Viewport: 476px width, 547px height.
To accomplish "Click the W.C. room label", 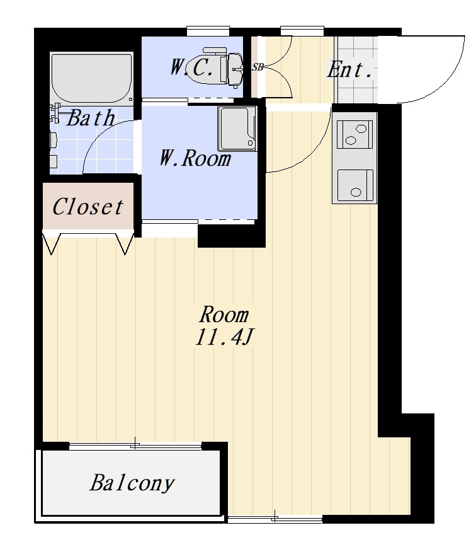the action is click(x=191, y=67).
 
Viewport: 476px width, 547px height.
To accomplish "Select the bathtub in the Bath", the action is click(x=92, y=78).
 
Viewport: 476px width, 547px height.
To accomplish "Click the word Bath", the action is click(x=90, y=118).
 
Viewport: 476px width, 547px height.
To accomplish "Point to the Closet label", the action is click(x=88, y=206).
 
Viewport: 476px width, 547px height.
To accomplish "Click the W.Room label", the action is click(x=195, y=158).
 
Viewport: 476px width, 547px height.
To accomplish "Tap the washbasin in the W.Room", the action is click(x=237, y=129).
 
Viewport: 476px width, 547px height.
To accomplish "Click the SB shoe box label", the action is click(x=258, y=67).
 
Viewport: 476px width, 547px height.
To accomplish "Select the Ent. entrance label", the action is click(x=349, y=69).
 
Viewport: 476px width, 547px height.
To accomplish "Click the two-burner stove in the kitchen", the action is click(x=354, y=135).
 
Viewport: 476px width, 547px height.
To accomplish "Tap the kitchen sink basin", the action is click(x=356, y=185).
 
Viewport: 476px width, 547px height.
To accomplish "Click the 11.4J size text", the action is click(x=224, y=337).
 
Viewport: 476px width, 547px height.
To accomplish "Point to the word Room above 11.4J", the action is click(x=224, y=314).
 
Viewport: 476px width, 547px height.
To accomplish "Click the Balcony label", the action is click(x=132, y=483).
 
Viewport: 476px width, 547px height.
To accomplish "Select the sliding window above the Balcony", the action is click(x=135, y=446).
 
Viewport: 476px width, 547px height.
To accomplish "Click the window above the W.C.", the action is click(x=208, y=31).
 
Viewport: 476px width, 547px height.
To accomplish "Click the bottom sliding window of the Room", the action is click(x=275, y=519).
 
